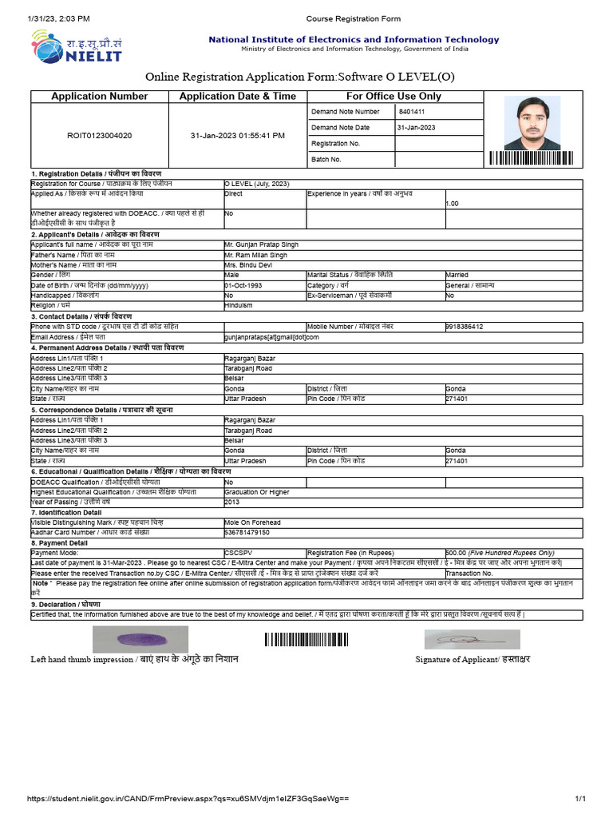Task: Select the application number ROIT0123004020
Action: point(100,136)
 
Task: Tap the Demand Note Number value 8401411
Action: point(412,112)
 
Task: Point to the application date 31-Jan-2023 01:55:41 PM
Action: point(237,136)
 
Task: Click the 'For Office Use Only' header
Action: point(394,96)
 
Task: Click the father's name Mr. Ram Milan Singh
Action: point(257,255)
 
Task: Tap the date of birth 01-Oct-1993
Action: point(243,285)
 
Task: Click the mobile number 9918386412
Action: point(464,327)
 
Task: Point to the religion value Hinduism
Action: point(239,305)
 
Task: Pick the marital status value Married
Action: point(457,275)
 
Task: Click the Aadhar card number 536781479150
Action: point(247,532)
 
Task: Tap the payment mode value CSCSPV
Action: point(238,553)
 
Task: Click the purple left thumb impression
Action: point(140,639)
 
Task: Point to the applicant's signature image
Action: point(471,639)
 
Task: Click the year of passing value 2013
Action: point(232,502)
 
